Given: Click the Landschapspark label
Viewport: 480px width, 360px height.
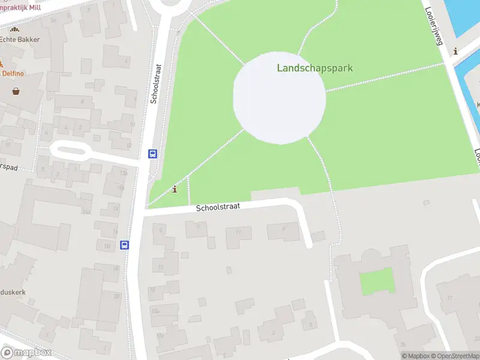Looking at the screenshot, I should click(314, 68).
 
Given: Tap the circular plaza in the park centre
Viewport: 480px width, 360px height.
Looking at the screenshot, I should click(280, 98).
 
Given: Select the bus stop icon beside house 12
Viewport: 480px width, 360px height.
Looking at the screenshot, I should click(153, 154).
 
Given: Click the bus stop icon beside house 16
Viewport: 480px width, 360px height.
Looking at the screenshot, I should click(124, 245).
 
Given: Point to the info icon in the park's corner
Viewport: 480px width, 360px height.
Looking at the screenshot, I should click(175, 190).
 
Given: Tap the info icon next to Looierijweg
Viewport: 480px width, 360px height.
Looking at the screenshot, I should click(456, 52).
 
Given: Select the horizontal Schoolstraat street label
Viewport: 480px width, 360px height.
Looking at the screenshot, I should click(218, 206).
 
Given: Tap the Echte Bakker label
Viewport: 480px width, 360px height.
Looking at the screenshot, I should click(19, 40).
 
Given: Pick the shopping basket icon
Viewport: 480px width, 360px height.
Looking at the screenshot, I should click(16, 91).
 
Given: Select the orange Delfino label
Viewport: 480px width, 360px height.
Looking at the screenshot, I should click(12, 73).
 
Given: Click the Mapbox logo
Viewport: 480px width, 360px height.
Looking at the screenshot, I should click(26, 353).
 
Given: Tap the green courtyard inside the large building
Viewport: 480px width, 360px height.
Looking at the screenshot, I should click(377, 281).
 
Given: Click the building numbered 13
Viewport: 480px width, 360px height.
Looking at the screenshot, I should click(164, 265).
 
